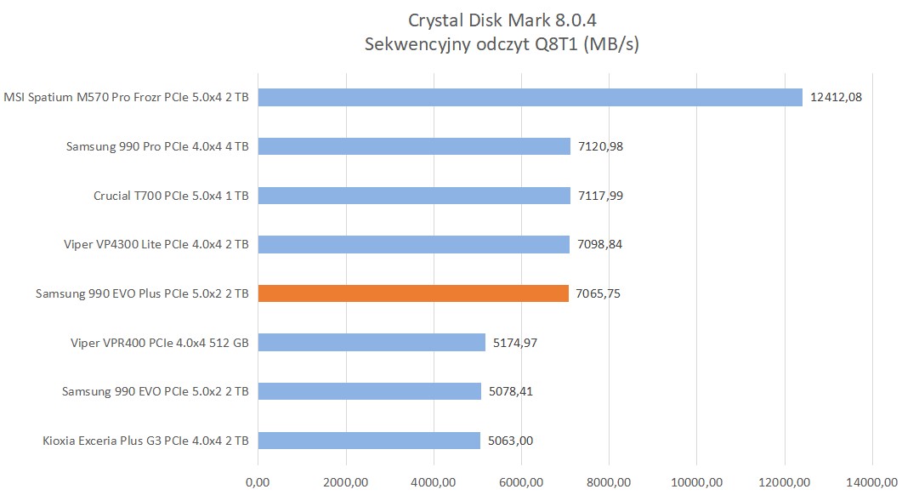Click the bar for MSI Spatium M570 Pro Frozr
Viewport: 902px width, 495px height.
[x=530, y=97]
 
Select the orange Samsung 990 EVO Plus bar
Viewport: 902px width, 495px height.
[x=413, y=293]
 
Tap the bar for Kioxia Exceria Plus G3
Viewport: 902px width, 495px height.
[x=369, y=441]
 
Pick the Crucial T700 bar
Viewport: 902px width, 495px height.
[x=414, y=196]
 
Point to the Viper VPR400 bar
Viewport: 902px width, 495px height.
[x=372, y=343]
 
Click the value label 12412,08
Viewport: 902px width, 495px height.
[x=837, y=97]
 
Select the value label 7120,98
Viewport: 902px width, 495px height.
[x=599, y=146]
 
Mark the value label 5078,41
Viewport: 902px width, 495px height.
[x=510, y=392]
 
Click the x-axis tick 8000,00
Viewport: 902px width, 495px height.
[x=609, y=482]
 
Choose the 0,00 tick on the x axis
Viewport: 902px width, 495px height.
[x=258, y=482]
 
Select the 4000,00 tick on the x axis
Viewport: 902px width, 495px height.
[x=434, y=482]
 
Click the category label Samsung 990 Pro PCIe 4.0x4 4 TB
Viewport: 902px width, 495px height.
[x=157, y=146]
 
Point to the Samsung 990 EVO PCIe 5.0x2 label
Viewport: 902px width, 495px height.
[x=156, y=392]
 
